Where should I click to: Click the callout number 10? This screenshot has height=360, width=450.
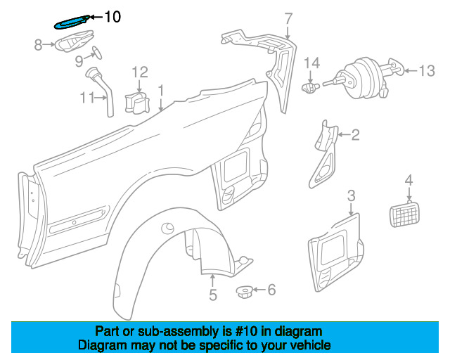[x=112, y=16]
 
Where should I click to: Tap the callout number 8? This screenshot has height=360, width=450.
[x=39, y=46]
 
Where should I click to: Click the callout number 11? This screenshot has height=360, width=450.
[x=87, y=98]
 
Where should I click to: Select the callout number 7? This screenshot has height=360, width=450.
[x=288, y=18]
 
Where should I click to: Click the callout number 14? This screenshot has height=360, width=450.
[x=311, y=63]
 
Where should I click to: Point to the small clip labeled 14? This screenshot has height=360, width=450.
[x=309, y=89]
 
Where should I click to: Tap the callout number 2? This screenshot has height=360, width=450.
[x=355, y=134]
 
